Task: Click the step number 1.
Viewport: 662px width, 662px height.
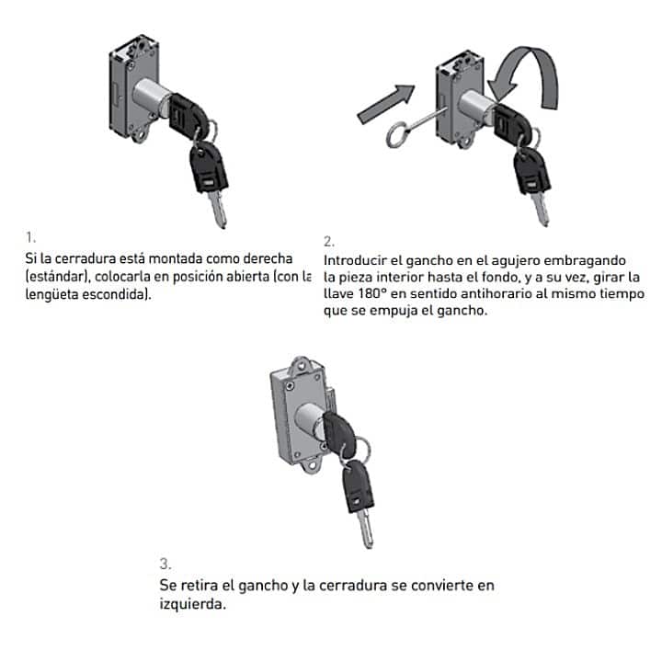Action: [30, 237]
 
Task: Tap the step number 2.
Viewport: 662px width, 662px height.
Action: [329, 242]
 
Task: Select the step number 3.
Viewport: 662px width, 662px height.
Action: [165, 564]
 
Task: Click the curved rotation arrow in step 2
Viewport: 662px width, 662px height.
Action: [532, 72]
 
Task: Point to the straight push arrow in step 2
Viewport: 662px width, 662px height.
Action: [386, 104]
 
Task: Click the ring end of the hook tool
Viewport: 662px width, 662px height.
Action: [397, 134]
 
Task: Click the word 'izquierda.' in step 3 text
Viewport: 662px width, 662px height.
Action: [192, 604]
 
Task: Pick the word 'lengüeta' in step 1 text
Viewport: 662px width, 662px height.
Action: [51, 294]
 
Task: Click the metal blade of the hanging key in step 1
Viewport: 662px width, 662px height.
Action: [217, 210]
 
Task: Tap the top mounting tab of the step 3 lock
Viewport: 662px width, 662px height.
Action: [302, 365]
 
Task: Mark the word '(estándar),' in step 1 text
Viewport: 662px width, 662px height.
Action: [58, 277]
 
